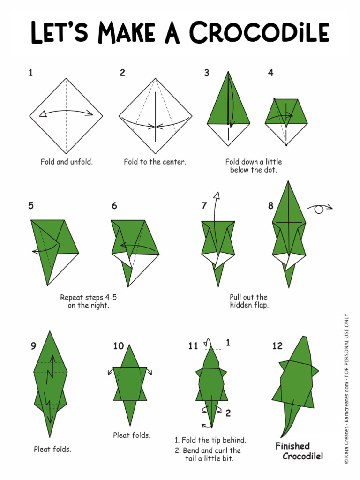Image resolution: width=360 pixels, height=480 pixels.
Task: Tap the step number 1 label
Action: pyautogui.click(x=30, y=73)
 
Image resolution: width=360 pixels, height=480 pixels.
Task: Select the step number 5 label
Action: pyautogui.click(x=31, y=206)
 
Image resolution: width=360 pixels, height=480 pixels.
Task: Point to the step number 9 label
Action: pyautogui.click(x=33, y=346)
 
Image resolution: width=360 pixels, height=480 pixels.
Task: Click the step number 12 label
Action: pyautogui.click(x=277, y=346)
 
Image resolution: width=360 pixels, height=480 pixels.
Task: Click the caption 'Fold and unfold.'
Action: pyautogui.click(x=67, y=162)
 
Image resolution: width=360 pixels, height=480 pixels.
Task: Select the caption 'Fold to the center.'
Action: pyautogui.click(x=155, y=162)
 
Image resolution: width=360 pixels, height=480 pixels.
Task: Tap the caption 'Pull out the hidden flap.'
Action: pyautogui.click(x=249, y=301)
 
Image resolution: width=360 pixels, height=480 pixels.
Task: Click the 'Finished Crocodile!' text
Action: pyautogui.click(x=299, y=451)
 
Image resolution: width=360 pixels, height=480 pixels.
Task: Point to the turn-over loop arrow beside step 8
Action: pyautogui.click(x=320, y=209)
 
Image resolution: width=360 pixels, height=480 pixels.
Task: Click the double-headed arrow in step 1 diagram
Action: pyautogui.click(x=66, y=112)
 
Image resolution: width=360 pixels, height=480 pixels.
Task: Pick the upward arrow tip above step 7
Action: pyautogui.click(x=216, y=195)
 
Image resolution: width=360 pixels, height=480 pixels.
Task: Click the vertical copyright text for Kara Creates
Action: pyautogui.click(x=346, y=389)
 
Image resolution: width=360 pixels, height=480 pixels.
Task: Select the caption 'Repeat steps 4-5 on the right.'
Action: pyautogui.click(x=88, y=301)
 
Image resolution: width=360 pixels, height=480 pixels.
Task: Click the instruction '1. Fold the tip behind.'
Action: pyautogui.click(x=210, y=440)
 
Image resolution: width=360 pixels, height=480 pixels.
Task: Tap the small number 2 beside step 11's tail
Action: pyautogui.click(x=228, y=413)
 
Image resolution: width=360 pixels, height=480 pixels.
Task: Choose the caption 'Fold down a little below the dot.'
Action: pyautogui.click(x=253, y=165)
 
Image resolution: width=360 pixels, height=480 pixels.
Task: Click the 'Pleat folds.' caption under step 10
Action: pyautogui.click(x=132, y=435)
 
